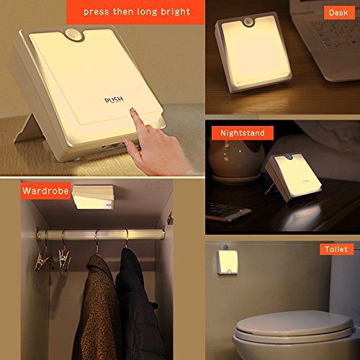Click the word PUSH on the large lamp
(114, 99)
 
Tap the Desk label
(339, 12)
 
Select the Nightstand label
(243, 132)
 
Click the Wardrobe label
(45, 191)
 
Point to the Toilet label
(336, 249)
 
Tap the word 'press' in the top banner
(96, 12)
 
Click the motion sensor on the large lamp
(74, 35)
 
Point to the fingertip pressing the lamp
(132, 111)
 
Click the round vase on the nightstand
(236, 160)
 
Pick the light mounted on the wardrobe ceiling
(93, 197)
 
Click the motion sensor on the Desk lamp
(249, 22)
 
